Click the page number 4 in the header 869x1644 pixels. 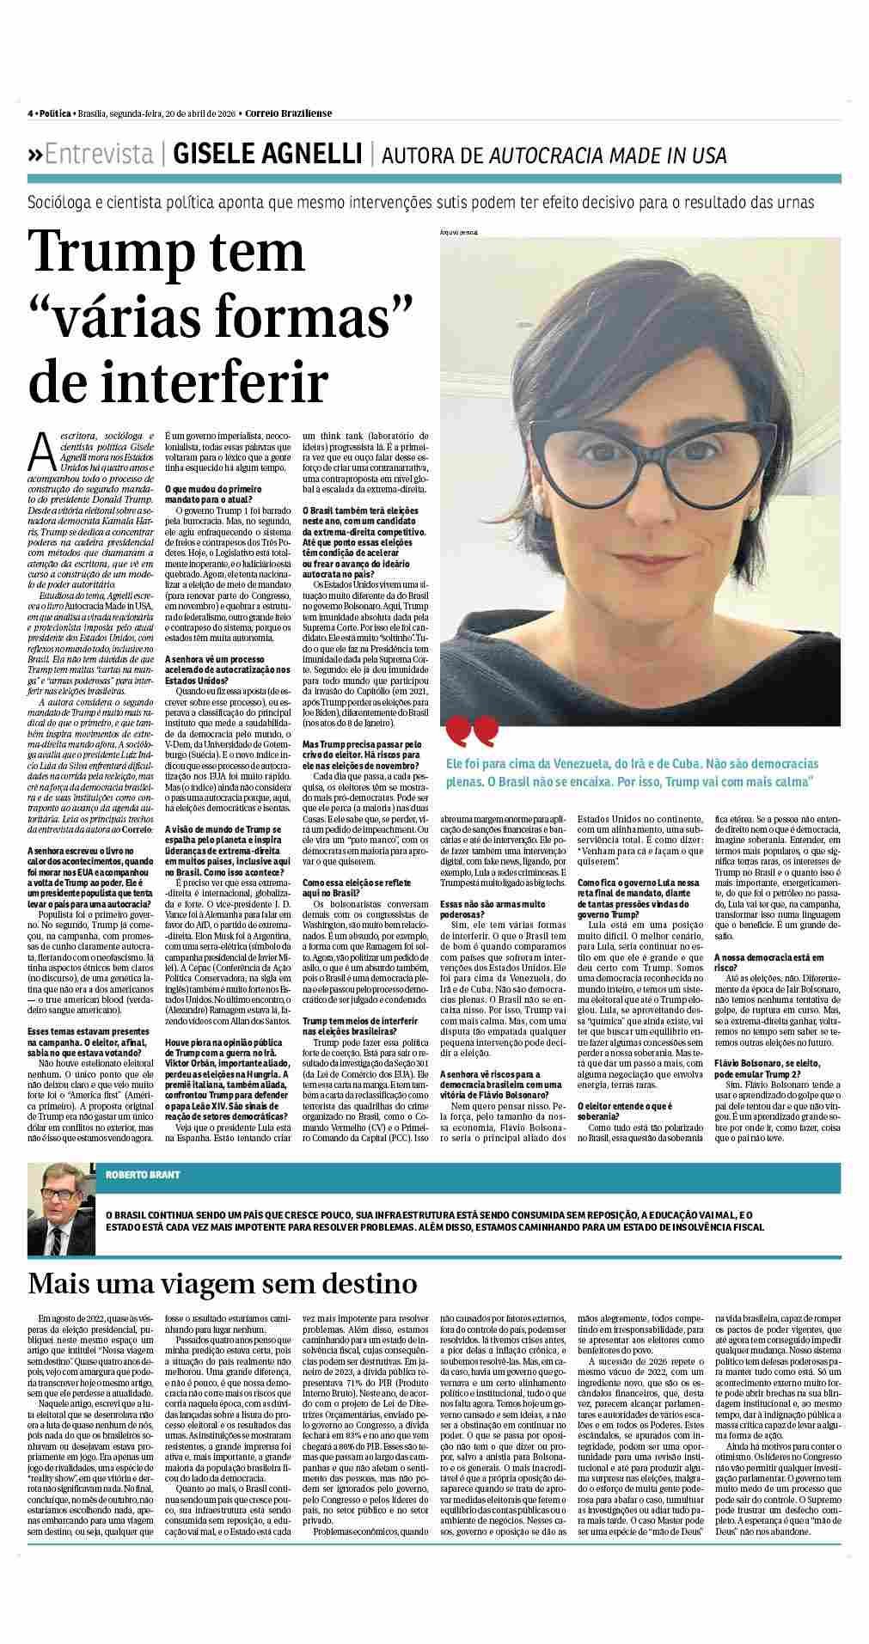[30, 113]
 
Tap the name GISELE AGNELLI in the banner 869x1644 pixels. [267, 155]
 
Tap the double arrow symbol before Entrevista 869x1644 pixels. [35, 156]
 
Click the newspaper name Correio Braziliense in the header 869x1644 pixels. [287, 113]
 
